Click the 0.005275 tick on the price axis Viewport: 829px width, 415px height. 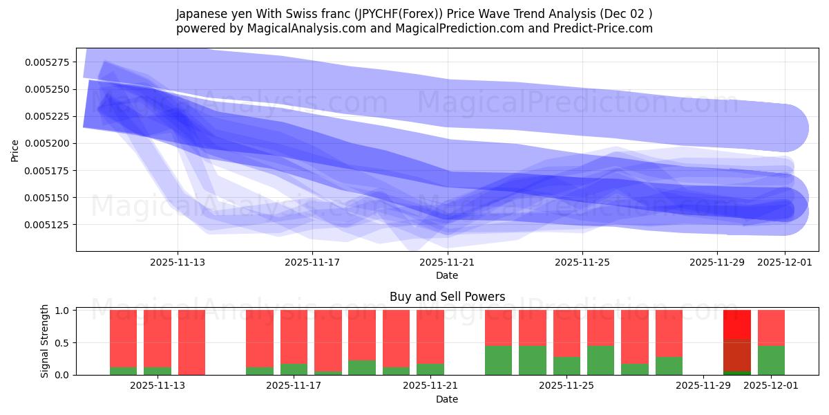point(48,62)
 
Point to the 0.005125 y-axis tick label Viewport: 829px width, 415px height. point(48,225)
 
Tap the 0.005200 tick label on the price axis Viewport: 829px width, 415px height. point(48,143)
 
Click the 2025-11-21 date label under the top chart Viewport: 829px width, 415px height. point(447,262)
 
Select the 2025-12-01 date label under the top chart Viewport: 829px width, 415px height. point(785,262)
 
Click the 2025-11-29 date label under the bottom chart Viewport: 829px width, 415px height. point(703,386)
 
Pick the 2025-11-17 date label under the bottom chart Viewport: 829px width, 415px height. point(294,386)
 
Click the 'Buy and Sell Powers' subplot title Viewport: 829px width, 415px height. point(447,297)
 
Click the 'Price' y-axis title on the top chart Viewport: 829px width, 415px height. point(15,149)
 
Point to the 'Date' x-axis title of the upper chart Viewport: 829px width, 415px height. point(447,275)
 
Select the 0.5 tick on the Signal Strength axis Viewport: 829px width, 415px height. point(60,343)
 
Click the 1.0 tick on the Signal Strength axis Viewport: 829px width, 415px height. point(60,311)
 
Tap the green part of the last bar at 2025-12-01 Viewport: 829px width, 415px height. point(771,360)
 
